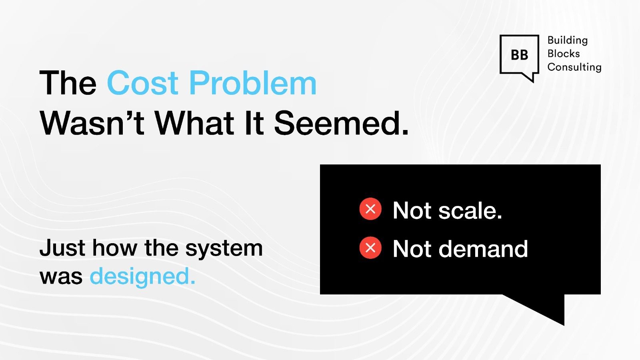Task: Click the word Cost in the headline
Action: tap(142, 83)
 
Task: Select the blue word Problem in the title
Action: tap(252, 83)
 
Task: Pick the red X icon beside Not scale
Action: tap(370, 209)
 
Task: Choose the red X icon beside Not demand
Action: tap(370, 248)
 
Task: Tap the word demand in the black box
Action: tap(483, 249)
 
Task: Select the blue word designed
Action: tap(142, 276)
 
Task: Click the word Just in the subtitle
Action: tap(62, 248)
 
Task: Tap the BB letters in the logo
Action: tap(519, 55)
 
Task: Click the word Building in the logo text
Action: tap(567, 40)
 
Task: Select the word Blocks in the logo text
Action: tap(563, 54)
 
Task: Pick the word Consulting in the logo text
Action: tap(574, 67)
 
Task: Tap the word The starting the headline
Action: tap(68, 83)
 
